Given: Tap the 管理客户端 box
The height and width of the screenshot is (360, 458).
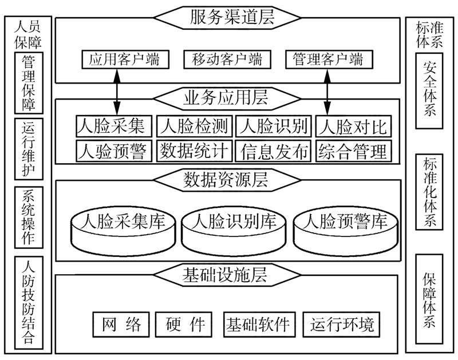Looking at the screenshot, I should tap(327, 59).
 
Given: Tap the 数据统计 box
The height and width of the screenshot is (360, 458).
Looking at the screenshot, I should tap(195, 151).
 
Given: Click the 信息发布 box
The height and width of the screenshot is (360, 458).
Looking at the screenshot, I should tap(274, 151).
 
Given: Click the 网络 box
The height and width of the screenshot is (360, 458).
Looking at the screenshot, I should tap(121, 325).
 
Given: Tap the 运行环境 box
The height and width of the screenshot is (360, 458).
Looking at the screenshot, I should tap(342, 325).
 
